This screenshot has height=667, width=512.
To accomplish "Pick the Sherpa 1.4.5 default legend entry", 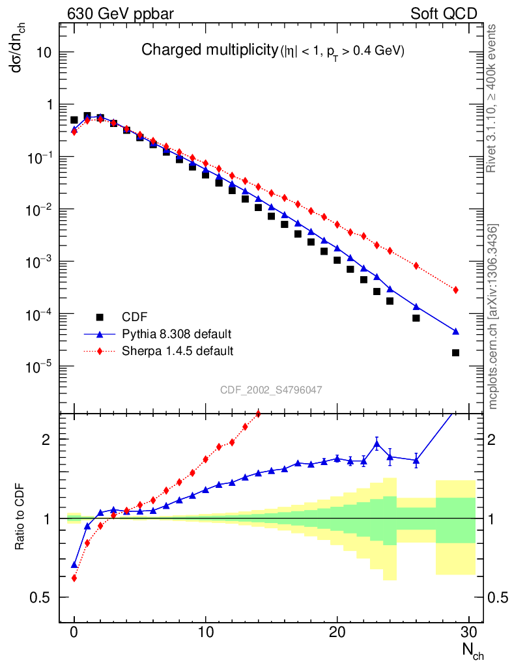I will pyautogui.click(x=178, y=351).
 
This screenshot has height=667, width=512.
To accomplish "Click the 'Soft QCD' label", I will pyautogui.click(x=444, y=14).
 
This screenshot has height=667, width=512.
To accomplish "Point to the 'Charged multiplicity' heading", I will pyautogui.click(x=210, y=50).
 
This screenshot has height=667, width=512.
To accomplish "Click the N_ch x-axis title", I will pyautogui.click(x=472, y=650).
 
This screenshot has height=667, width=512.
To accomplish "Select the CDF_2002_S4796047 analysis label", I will pyautogui.click(x=271, y=390).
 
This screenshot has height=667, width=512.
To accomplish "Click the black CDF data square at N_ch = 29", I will pyautogui.click(x=455, y=352).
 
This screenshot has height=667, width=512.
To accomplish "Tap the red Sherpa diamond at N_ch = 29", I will pyautogui.click(x=455, y=290).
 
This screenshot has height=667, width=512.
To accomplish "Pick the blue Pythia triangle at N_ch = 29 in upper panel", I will pyautogui.click(x=455, y=331).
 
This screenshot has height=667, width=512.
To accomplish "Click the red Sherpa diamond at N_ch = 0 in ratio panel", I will pyautogui.click(x=74, y=578).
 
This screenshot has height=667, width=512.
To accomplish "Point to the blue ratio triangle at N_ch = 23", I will pyautogui.click(x=377, y=444).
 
